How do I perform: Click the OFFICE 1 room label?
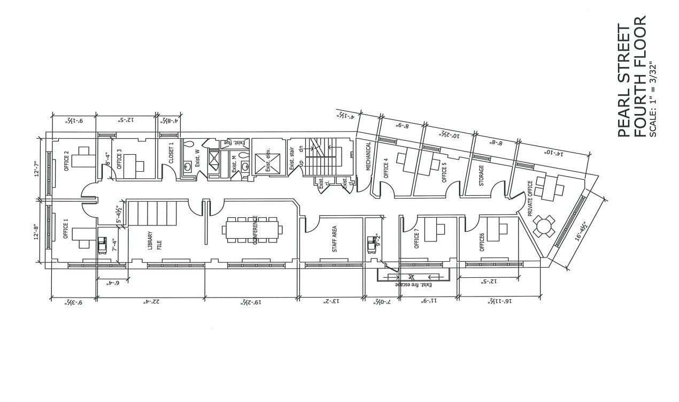66,229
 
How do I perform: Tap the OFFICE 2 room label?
66,162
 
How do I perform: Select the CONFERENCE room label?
256,230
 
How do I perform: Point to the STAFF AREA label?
334,239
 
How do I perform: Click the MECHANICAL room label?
368,156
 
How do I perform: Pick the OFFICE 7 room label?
417,239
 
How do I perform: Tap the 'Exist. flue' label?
236,142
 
